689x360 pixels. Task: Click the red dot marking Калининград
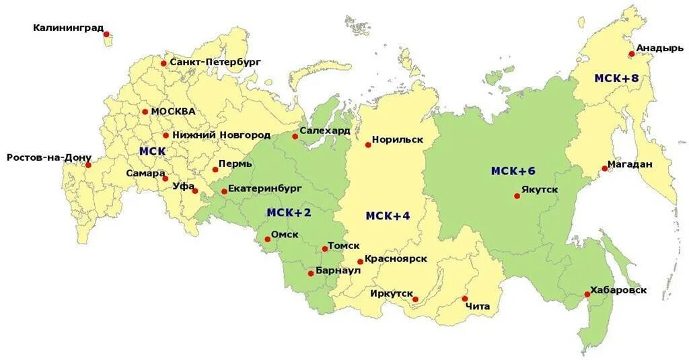coord(106,34)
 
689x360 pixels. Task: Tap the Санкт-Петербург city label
coord(215,62)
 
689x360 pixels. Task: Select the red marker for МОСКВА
coord(145,112)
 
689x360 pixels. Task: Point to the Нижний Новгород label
coord(221,135)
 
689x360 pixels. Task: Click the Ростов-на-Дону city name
coord(48,157)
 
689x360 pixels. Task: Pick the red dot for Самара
coord(165,178)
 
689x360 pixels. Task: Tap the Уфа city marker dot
coord(195,191)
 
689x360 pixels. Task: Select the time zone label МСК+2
coord(289,213)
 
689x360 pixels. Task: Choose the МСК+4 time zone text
coord(388,215)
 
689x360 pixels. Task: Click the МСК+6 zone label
coord(513,171)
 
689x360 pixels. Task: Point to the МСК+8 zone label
coord(616,78)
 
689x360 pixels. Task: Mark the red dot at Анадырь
coord(631,54)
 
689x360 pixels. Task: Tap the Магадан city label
coord(630,164)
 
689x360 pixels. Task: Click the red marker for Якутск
coord(517,196)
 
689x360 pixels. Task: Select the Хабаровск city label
coord(618,290)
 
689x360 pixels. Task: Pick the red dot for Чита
coord(465,298)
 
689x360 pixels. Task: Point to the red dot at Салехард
coord(295,136)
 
